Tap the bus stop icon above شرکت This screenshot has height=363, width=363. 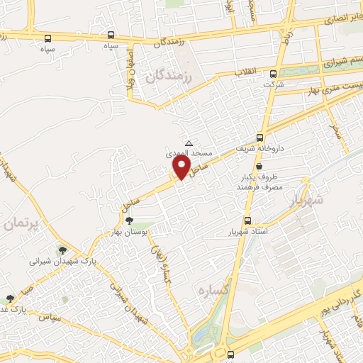[273, 73]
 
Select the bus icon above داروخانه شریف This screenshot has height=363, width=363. [259, 138]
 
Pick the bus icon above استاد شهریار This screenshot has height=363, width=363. [247, 220]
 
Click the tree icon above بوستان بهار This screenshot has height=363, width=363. [128, 220]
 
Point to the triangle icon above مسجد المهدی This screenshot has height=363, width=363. [188, 143]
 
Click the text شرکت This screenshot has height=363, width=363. [273, 84]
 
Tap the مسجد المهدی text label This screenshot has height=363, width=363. [185, 152]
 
